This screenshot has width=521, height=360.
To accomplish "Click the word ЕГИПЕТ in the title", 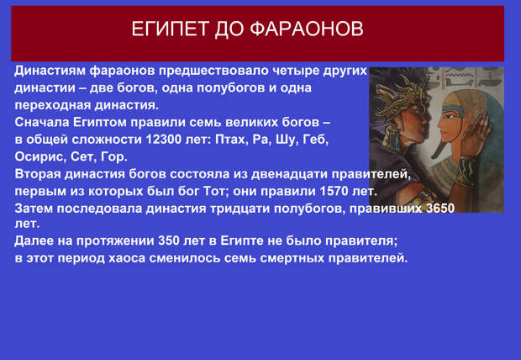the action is tap(171, 29).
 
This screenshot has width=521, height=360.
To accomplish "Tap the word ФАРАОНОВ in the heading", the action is tap(307, 29).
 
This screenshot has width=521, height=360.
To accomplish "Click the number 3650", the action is tap(440, 209).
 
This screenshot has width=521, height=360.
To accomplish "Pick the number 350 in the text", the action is tap(169, 241).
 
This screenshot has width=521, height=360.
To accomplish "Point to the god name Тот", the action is tap(216, 191).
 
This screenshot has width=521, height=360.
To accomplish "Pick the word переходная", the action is tap(52, 105).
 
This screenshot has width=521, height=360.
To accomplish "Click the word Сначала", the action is tap(42, 122).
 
